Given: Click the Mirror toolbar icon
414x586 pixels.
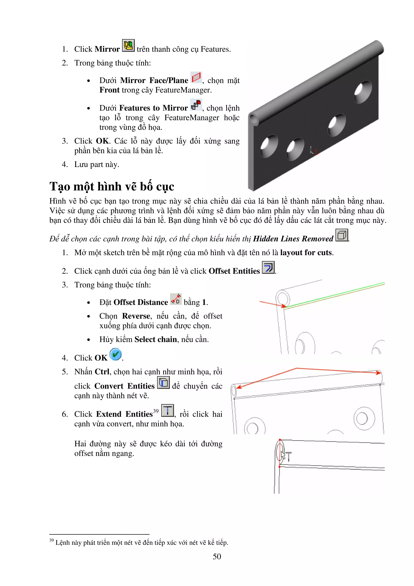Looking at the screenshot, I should (128, 46).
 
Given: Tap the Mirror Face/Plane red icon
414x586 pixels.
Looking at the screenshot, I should (196, 77).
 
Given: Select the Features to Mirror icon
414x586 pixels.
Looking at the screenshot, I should (196, 105).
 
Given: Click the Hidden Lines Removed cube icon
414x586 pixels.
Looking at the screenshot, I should (342, 235).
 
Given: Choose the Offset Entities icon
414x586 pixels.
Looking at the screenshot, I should (268, 268).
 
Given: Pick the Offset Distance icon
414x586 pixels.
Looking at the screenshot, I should (176, 299).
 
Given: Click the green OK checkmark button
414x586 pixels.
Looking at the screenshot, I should (116, 354).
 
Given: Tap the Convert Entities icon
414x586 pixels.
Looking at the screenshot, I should (163, 383).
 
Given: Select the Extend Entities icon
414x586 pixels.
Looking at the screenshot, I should (168, 410).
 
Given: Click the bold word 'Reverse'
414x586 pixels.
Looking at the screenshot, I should (136, 316).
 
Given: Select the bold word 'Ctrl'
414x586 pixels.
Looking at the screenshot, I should (102, 372).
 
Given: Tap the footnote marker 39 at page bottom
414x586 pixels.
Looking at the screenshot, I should (51, 540).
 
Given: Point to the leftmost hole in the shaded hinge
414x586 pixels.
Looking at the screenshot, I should (269, 146).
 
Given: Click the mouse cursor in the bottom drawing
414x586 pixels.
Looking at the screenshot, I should (283, 456).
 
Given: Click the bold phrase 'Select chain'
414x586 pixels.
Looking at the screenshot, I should (156, 340).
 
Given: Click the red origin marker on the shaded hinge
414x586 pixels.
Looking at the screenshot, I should (316, 152).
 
